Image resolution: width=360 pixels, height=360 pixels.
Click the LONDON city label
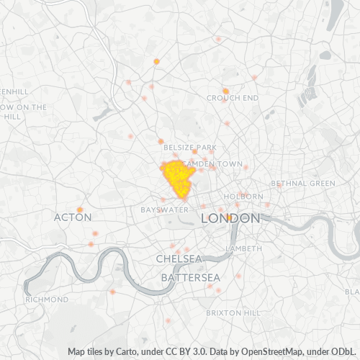230,217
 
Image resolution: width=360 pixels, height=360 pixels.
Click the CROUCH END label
232,98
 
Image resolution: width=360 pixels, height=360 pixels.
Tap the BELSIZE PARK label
190,147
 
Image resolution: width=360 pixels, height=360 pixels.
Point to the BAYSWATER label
163,210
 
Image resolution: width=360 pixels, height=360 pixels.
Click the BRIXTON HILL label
233,314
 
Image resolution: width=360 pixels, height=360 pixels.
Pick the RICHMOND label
46,299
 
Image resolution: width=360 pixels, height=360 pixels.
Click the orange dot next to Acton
80,210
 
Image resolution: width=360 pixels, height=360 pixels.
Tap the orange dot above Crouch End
225,91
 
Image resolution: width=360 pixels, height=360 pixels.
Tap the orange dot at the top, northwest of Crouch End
156,61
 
